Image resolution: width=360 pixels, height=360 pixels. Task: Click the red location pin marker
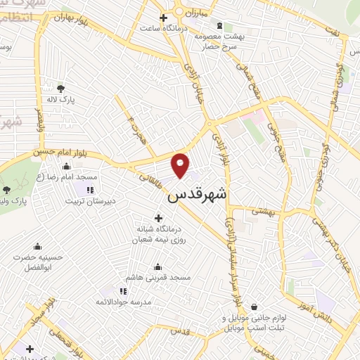181,165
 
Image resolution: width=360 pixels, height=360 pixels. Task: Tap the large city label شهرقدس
198,196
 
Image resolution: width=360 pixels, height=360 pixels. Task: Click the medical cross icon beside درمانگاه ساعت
164,18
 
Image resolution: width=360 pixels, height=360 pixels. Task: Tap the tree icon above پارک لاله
60,89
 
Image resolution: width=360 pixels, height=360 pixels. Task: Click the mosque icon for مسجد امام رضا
67,167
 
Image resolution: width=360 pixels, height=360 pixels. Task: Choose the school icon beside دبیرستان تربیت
89,189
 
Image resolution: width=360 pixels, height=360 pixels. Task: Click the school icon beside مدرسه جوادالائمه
123,290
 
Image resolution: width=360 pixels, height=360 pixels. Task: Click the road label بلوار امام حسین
58,151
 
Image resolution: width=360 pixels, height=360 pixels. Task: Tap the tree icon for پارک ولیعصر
7,189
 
